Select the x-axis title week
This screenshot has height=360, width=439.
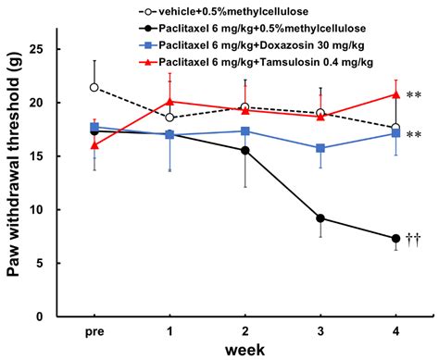tap(245, 350)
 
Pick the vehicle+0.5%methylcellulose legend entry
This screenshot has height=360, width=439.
tap(244, 10)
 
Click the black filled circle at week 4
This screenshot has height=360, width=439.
tap(395, 238)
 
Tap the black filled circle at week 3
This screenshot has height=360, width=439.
tap(320, 218)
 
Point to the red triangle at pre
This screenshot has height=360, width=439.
tap(94, 144)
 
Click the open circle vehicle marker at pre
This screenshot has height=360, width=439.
tap(94, 87)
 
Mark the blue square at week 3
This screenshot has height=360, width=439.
tap(320, 148)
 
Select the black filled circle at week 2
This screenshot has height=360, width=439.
tap(245, 150)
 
